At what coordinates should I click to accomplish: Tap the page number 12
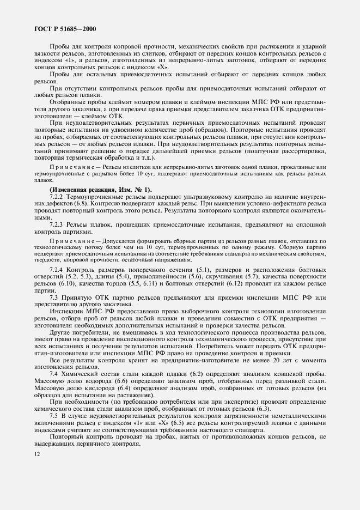tap(37, 453)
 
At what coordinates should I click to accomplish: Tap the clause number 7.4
tap(54, 374)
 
